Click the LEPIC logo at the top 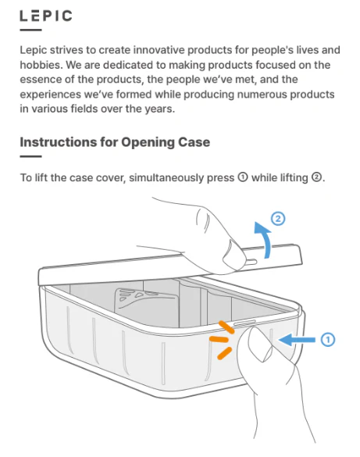point(46,16)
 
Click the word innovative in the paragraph point(159,50)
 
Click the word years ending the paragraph point(160,109)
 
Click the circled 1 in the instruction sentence point(243,177)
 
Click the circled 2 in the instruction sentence point(316,177)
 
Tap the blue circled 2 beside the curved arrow point(278,219)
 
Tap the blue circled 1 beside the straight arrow point(328,340)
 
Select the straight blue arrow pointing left point(297,340)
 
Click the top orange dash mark point(226,327)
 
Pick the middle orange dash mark point(219,339)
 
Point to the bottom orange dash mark point(225,353)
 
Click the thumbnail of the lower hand point(262,346)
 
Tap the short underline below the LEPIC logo point(31,30)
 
